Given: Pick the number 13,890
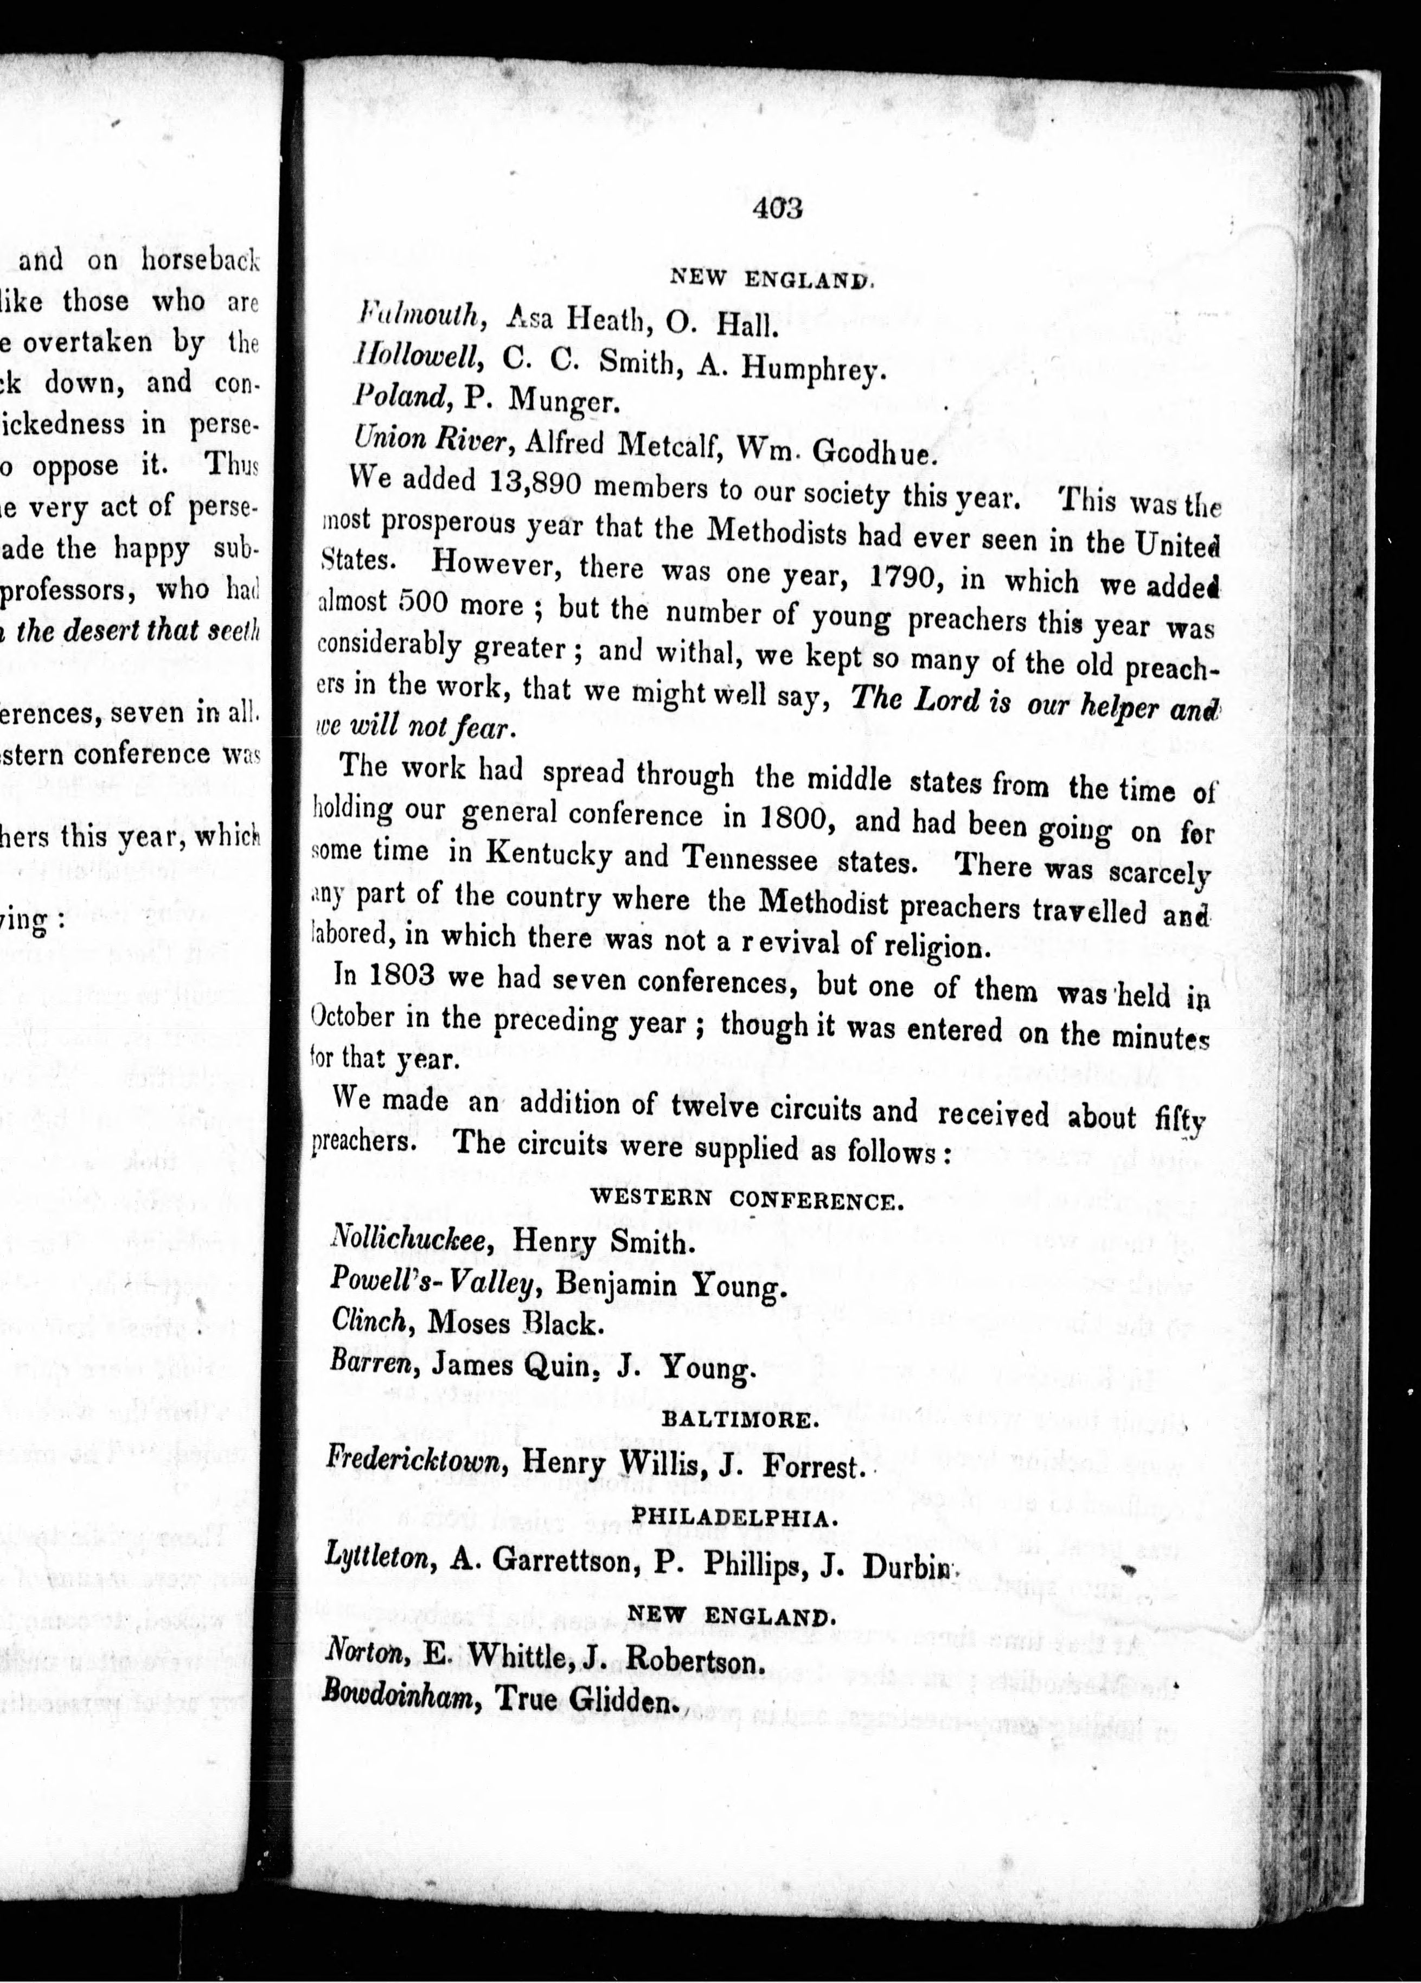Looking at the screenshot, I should pyautogui.click(x=527, y=483).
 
